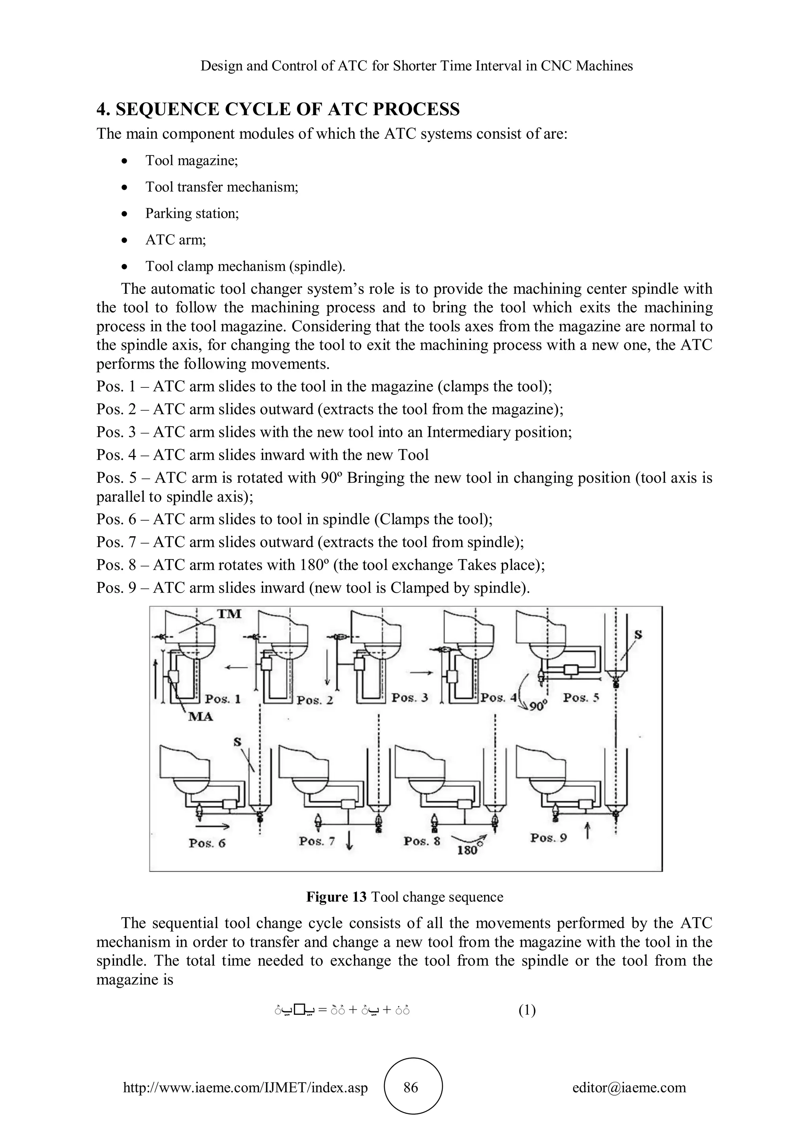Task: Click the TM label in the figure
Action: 229,614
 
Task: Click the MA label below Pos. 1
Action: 201,717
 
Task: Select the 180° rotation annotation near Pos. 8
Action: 468,850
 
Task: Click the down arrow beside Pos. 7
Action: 349,842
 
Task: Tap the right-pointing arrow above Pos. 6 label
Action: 218,826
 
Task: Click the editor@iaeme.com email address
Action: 629,1088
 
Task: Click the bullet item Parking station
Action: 192,214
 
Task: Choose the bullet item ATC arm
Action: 176,240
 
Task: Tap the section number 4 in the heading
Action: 102,109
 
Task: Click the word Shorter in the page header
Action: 414,66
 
